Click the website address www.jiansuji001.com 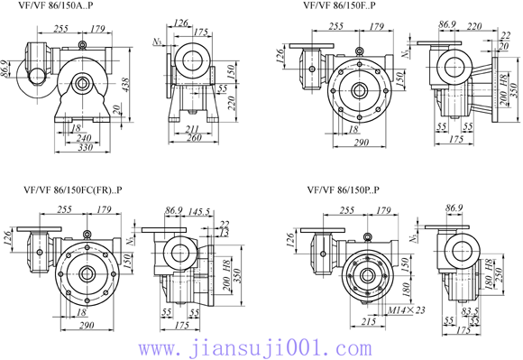(x=261, y=347)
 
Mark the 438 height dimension (x=135, y=86)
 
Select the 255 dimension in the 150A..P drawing (x=62, y=29)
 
